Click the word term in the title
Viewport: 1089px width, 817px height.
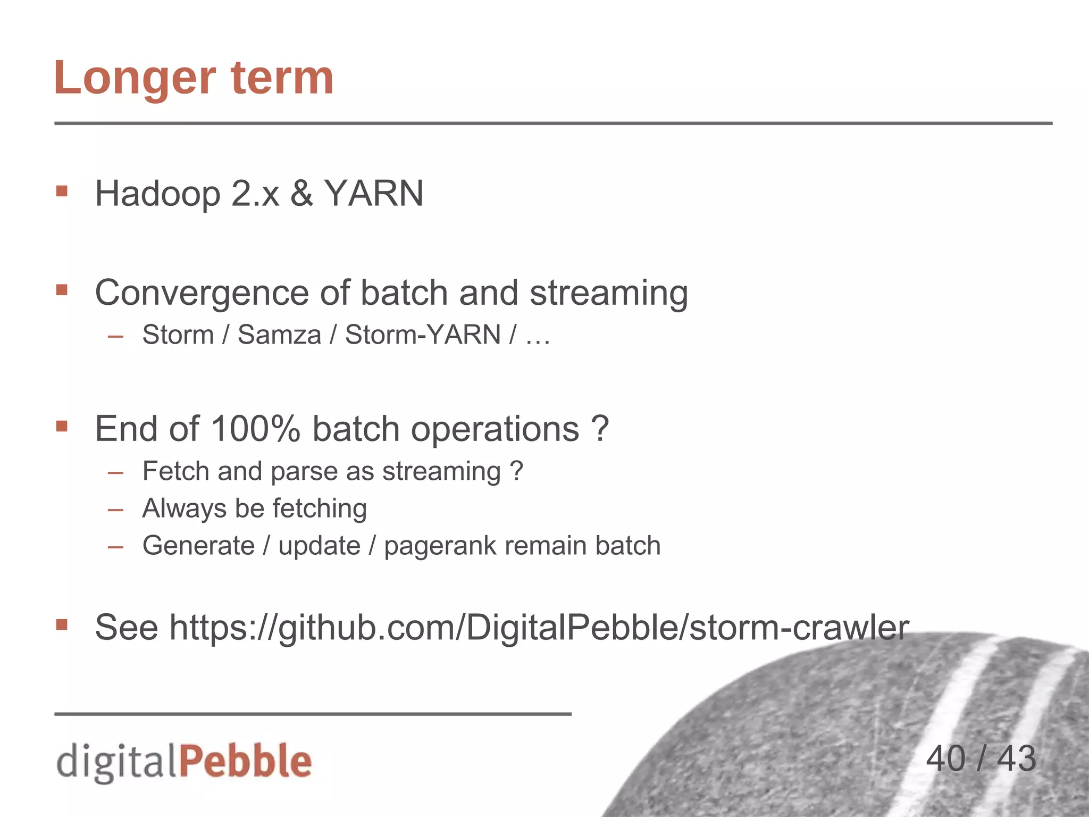click(282, 78)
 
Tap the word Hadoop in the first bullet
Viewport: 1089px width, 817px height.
click(157, 194)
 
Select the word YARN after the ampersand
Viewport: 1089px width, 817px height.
click(374, 194)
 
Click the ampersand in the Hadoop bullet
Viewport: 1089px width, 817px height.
click(301, 194)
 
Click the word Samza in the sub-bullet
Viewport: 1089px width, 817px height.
click(279, 335)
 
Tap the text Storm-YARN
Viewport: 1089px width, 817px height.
click(423, 335)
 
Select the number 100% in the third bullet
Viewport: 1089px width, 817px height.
click(256, 429)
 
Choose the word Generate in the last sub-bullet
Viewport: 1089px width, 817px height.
click(199, 546)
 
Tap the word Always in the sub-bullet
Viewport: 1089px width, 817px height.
click(185, 508)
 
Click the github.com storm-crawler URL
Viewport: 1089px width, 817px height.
click(539, 628)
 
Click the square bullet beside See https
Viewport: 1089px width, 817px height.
click(62, 624)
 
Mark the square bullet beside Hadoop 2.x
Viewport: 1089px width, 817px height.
click(62, 191)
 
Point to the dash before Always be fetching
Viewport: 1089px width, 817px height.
click(115, 510)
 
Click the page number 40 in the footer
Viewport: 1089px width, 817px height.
click(945, 758)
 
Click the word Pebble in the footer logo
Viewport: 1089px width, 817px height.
click(246, 761)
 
